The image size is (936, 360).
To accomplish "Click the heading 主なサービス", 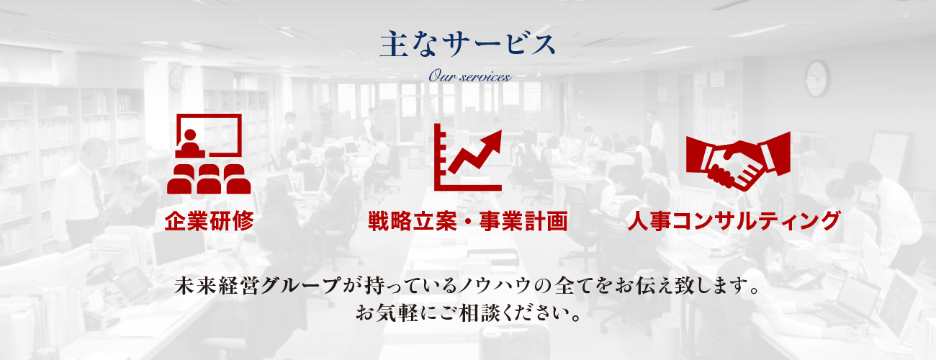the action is coord(467,44).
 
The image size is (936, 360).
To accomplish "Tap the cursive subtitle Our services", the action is coord(469,77).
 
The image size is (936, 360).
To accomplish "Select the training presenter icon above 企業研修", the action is coord(209,153).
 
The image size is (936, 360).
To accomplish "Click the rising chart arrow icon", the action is coord(467,158).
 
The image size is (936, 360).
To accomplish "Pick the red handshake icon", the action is coord(738,161).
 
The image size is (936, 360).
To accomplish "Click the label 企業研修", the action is coord(210,221).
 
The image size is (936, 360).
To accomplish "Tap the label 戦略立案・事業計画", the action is coord(467,221).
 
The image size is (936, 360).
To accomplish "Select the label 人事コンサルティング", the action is coord(734,221).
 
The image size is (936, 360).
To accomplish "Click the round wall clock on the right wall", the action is coord(816,78).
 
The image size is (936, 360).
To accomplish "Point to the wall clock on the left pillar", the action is coord(176,79).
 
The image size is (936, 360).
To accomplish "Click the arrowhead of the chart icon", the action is coord(492,140).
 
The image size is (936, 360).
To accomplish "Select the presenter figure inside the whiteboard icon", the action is coord(190,144).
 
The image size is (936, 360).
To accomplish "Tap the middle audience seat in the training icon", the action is coord(209,179).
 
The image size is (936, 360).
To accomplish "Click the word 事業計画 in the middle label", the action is coord(523,221).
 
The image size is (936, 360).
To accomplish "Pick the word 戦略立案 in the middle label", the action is coord(412,221).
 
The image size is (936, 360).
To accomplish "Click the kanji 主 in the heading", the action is coord(394,44).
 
